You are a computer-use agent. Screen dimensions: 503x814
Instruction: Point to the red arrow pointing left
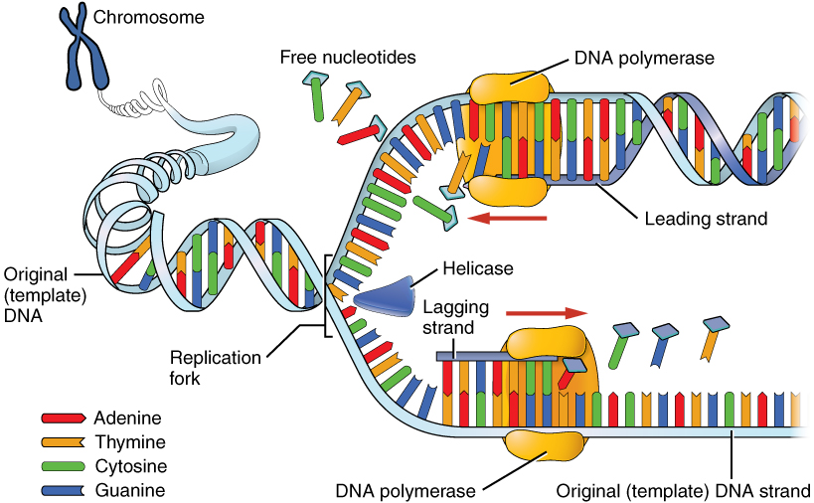508,217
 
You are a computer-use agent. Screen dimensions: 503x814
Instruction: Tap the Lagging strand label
453,316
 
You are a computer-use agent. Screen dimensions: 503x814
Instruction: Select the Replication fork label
215,367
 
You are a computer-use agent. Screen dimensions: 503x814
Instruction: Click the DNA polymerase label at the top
644,59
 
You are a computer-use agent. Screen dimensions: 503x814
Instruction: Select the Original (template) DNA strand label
683,490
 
